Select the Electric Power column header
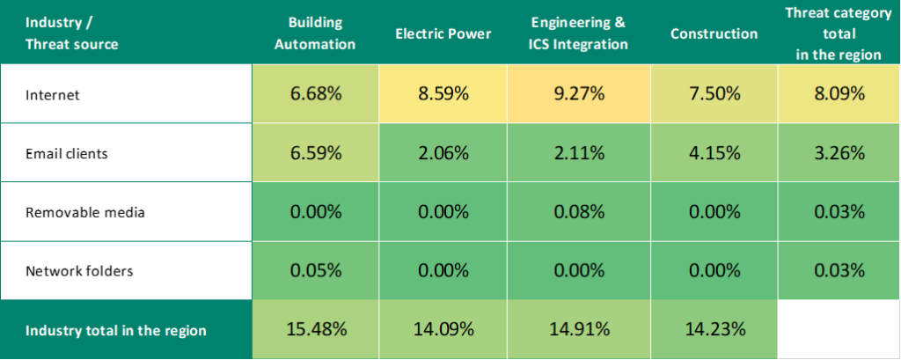tap(443, 33)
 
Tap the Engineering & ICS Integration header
tap(578, 33)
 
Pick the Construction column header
tap(714, 33)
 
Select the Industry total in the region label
tap(116, 331)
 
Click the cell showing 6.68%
tap(315, 93)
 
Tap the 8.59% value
tap(443, 93)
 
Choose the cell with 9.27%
tap(578, 93)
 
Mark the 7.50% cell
tap(714, 93)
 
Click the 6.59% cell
tap(315, 152)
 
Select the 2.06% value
tap(443, 152)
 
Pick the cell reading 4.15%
tap(714, 152)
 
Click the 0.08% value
tap(578, 211)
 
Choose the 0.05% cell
tap(315, 269)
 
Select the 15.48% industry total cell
tap(315, 330)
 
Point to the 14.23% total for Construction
tap(714, 330)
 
